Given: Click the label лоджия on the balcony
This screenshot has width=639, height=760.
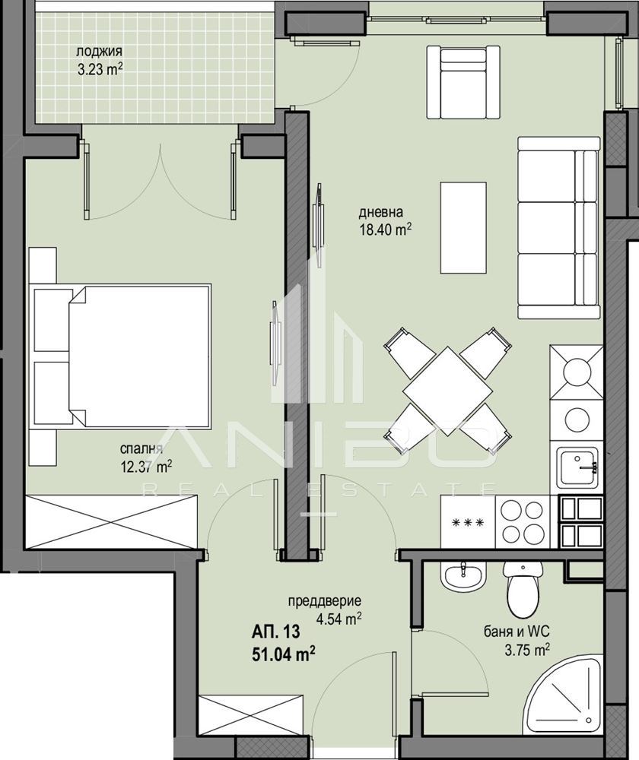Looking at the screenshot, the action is point(100,52).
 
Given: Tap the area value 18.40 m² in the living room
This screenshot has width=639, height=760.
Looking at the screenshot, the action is point(385,230).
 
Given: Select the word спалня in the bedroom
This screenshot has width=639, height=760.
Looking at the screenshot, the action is point(141,449).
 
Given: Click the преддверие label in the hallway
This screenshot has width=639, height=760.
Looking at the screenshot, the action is point(325,601).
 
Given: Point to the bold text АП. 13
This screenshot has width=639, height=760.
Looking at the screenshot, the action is point(275,632).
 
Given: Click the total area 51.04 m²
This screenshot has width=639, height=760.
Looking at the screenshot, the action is point(283,655).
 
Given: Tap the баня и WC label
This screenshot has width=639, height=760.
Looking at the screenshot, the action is point(517,632).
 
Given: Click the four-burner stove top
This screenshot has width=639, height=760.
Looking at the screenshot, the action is point(522,522).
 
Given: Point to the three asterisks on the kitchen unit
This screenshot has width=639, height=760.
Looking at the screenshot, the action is point(468,523).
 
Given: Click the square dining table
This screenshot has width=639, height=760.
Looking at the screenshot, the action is point(448,391).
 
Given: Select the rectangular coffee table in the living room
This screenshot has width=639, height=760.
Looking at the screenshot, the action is point(463,228).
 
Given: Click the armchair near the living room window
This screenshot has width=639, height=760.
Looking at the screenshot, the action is point(463,82).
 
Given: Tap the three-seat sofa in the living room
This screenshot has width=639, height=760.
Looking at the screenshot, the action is point(559,227).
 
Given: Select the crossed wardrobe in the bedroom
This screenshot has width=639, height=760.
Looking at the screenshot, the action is point(112,521).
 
